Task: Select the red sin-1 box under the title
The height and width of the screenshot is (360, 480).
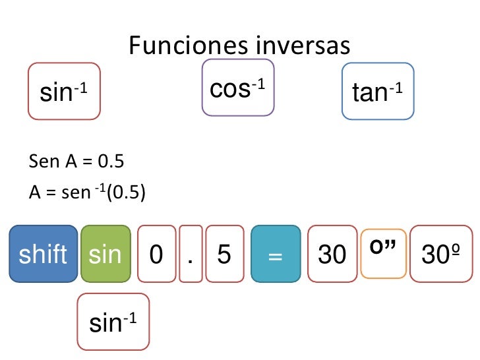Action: click(64, 92)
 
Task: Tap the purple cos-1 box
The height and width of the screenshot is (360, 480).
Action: click(237, 88)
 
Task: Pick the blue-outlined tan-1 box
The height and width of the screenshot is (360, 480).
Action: click(378, 92)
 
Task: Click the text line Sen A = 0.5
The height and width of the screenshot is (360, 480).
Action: click(77, 162)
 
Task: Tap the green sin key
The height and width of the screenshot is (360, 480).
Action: click(105, 254)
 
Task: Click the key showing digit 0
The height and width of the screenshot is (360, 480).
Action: click(156, 254)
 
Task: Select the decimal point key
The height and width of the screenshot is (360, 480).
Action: click(190, 254)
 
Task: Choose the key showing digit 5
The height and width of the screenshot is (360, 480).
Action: click(224, 254)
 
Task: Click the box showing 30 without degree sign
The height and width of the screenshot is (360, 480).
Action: click(332, 254)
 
